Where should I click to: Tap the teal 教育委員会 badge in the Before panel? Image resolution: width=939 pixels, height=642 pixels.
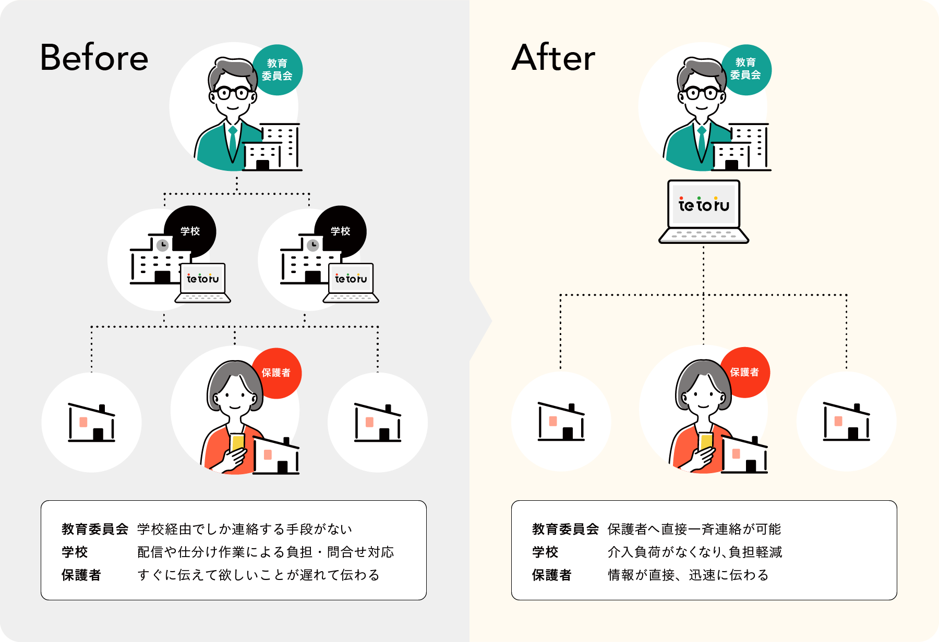(x=277, y=70)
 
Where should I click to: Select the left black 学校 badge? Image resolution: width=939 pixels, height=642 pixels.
(x=190, y=231)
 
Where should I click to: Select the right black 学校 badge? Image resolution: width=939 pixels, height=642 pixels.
(x=341, y=231)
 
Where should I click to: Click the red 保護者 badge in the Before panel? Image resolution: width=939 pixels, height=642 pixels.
(x=276, y=373)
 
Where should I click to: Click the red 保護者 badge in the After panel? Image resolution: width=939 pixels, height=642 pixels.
(x=744, y=372)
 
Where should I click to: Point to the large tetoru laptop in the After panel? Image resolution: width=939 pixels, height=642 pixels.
(x=704, y=211)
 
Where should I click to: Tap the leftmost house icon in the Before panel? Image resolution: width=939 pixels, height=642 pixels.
(x=91, y=423)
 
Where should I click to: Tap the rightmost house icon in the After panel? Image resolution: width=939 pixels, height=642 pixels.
(x=846, y=422)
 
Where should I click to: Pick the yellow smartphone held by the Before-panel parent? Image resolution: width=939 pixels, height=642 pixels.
(x=238, y=442)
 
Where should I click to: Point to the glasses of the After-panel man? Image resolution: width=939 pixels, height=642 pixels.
(x=702, y=94)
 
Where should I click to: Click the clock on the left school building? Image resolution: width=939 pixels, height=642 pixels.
(x=163, y=245)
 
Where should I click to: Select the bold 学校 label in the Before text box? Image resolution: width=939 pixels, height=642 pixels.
(x=75, y=552)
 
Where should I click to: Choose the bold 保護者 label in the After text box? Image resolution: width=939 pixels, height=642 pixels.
(x=551, y=575)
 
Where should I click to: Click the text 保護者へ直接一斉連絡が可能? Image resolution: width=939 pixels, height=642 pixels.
(x=694, y=529)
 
